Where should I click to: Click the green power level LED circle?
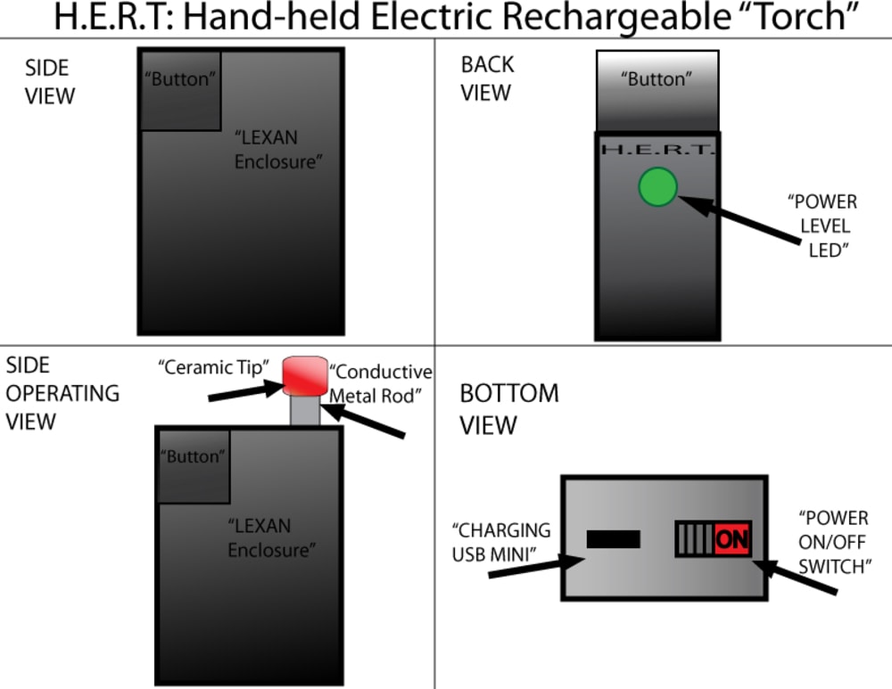point(657,186)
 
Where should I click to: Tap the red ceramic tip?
point(305,375)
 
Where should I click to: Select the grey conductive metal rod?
point(305,410)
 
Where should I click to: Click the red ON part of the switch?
point(732,538)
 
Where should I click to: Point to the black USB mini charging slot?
point(614,539)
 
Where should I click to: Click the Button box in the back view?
point(657,91)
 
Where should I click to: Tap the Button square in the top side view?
point(180,91)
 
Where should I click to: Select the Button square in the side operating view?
point(194,466)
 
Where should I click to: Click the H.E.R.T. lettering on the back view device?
point(657,150)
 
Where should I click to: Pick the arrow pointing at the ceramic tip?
point(246,391)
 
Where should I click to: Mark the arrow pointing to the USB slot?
point(536,567)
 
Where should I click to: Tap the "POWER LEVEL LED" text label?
point(823,226)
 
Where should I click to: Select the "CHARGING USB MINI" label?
point(501,542)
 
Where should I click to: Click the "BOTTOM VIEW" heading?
point(509,409)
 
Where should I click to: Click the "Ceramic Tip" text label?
point(214,367)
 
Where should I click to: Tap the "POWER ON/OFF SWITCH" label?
point(835,542)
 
